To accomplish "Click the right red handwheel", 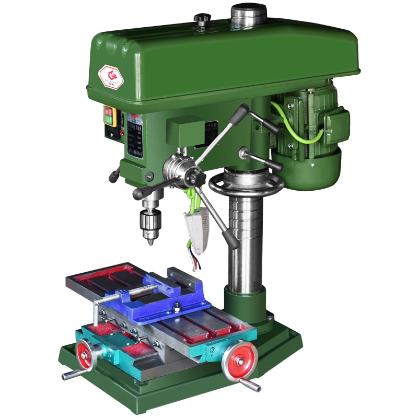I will tap(240, 360).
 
